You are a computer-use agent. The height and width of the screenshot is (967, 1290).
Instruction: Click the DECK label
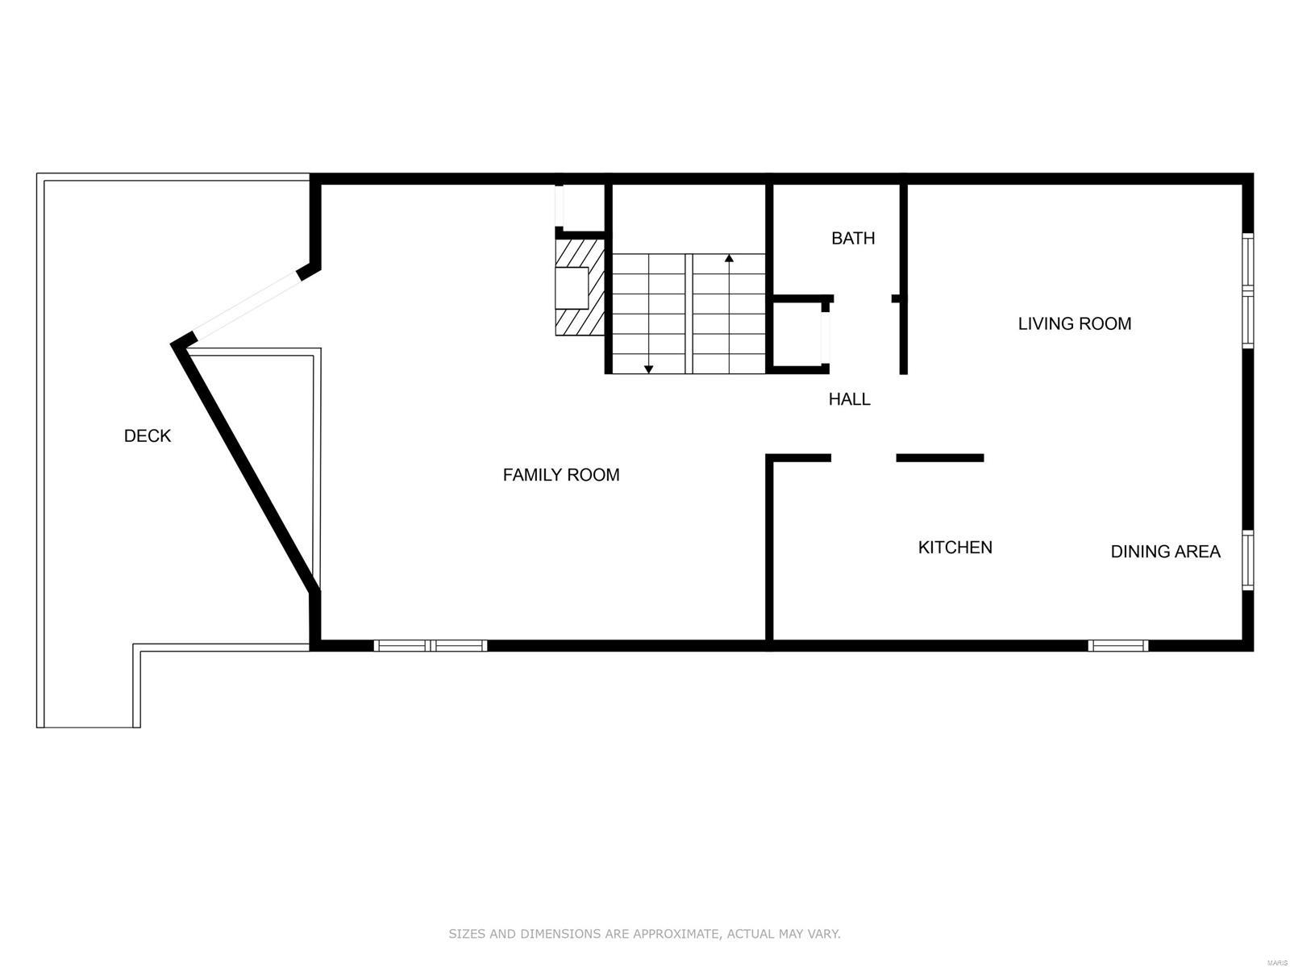click(148, 436)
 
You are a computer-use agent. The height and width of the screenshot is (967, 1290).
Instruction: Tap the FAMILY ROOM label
click(561, 475)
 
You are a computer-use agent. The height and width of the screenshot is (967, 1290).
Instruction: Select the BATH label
click(853, 238)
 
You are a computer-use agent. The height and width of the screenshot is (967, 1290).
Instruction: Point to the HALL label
click(849, 398)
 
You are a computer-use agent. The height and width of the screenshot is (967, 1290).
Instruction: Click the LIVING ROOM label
click(1074, 323)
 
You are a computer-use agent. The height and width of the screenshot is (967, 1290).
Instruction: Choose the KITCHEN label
click(955, 548)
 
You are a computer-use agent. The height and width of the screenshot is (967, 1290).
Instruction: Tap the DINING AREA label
click(1165, 552)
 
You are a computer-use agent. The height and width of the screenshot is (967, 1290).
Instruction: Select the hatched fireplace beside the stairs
click(580, 287)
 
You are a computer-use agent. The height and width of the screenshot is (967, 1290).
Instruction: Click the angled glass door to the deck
click(246, 306)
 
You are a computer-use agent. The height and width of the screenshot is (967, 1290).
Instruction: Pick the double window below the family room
click(431, 645)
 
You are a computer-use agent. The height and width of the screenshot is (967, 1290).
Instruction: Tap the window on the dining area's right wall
click(1247, 560)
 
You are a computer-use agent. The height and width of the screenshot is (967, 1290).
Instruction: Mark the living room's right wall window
click(1247, 290)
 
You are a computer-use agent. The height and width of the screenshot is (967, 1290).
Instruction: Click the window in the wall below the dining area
click(1117, 645)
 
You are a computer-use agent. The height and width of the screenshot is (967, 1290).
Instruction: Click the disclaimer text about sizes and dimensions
click(644, 934)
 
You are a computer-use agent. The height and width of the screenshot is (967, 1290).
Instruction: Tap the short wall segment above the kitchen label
click(939, 458)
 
